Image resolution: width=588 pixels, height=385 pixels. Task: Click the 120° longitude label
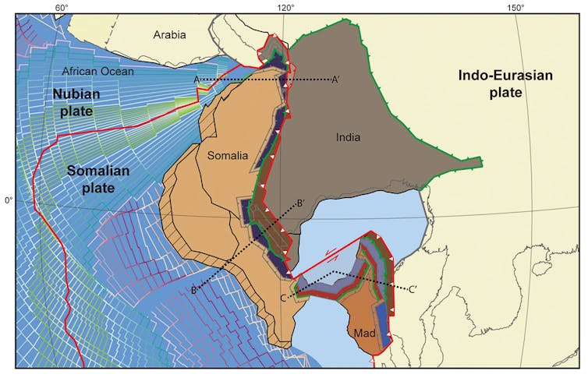(x=285, y=7)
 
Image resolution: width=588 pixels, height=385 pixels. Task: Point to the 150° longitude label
(x=514, y=7)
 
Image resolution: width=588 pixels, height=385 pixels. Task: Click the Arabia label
(x=170, y=35)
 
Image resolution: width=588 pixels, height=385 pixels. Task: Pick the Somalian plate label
(x=101, y=178)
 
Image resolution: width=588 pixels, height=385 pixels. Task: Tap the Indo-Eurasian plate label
(x=493, y=83)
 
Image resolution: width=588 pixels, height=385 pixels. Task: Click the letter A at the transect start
(x=197, y=79)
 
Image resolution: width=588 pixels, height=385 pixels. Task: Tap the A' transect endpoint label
(x=336, y=79)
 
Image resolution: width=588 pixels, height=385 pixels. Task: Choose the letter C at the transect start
(x=283, y=298)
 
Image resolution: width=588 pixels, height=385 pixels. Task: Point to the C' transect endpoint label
(x=414, y=290)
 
